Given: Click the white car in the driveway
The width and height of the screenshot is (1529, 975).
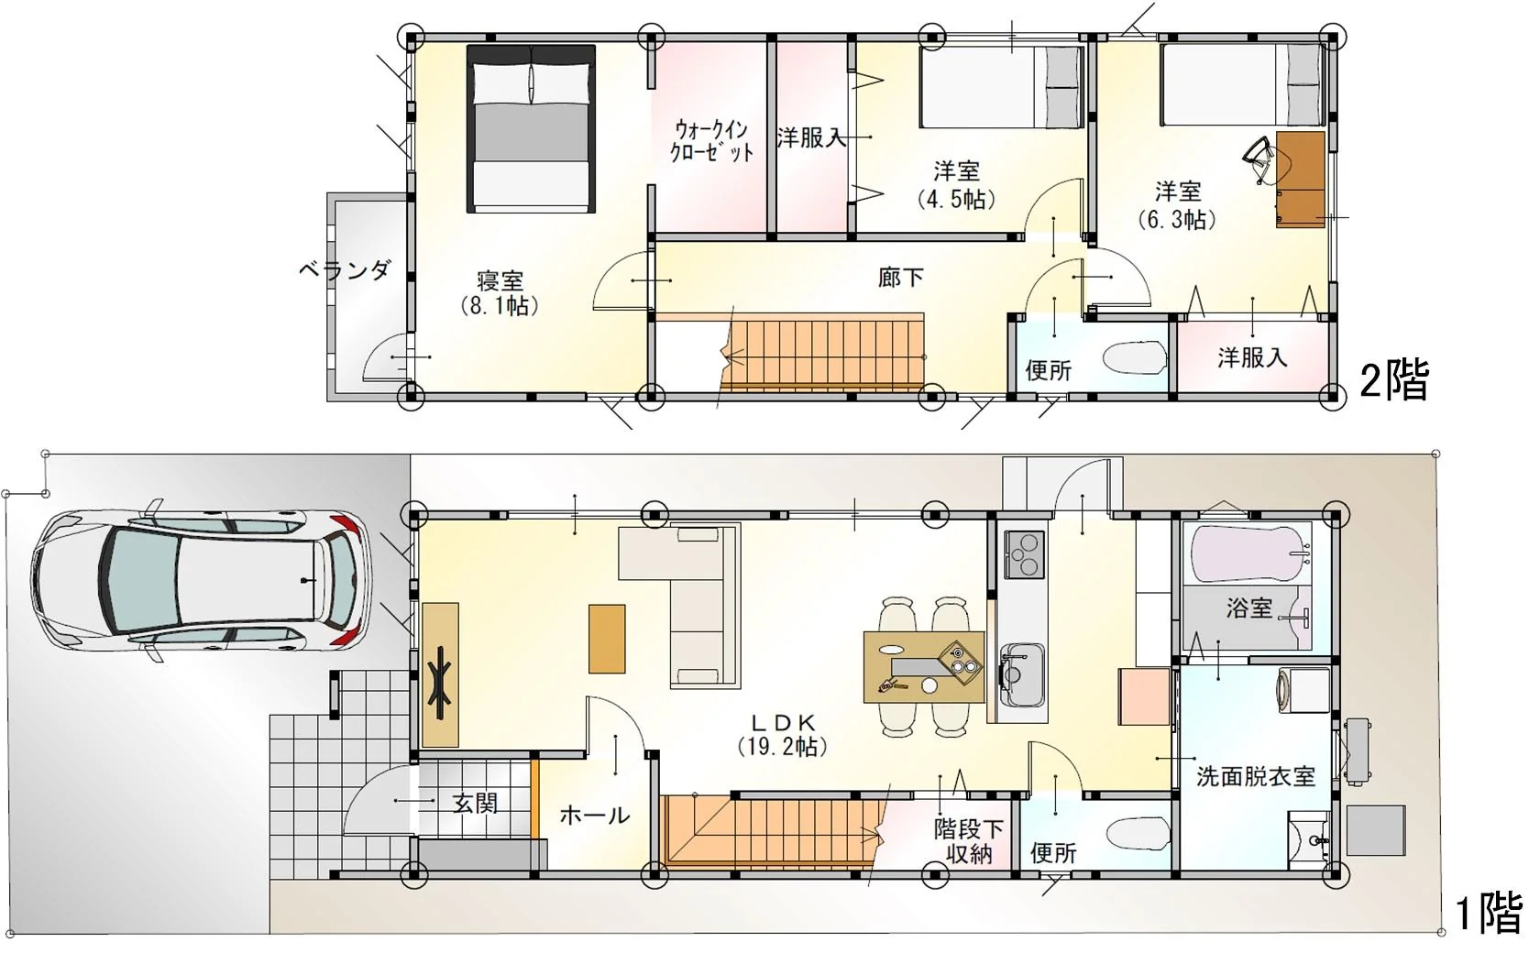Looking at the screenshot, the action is click(x=202, y=580).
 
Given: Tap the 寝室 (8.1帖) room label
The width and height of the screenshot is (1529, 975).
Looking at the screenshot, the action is click(x=500, y=293).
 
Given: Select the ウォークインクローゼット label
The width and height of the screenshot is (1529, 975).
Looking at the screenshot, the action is click(x=712, y=141).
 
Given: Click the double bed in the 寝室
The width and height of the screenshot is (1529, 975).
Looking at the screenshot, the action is click(x=531, y=129).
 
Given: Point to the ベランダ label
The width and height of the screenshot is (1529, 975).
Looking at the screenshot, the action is click(x=346, y=271).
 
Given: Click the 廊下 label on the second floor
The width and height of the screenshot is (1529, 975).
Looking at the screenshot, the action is click(x=901, y=277).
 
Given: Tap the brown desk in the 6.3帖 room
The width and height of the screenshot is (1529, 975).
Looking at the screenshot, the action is click(x=1301, y=179).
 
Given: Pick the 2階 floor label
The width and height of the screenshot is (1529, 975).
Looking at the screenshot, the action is click(x=1394, y=381).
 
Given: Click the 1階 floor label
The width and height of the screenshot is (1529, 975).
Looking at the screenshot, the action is click(x=1489, y=915).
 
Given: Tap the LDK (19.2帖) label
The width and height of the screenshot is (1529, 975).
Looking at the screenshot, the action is click(x=783, y=736).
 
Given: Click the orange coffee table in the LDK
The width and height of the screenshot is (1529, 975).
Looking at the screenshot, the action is click(x=607, y=639).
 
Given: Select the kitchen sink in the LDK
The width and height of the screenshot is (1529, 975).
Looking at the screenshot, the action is click(x=1022, y=674).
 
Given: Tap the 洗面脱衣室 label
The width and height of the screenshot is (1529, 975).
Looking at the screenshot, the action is click(x=1256, y=776).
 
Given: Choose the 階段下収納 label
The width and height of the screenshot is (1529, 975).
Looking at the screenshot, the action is click(x=969, y=841).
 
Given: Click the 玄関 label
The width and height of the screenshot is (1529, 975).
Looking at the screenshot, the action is click(x=475, y=803).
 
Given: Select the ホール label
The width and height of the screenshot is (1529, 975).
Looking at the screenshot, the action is click(x=595, y=816).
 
